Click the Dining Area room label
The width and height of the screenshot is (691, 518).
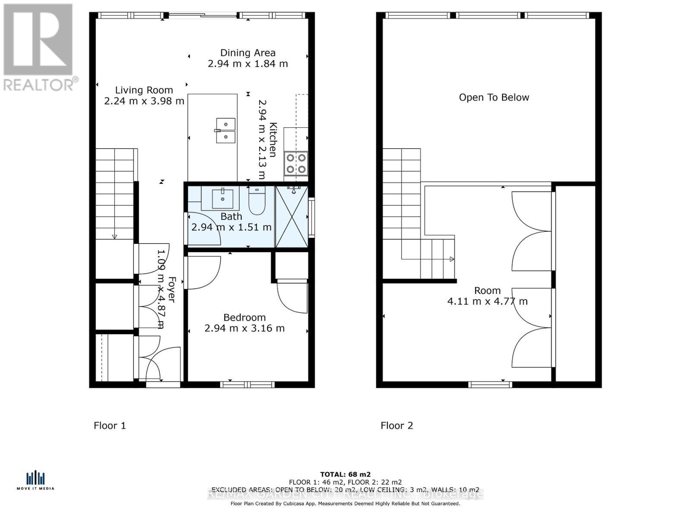point(247,53)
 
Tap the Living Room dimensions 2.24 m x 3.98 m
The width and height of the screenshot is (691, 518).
point(144,101)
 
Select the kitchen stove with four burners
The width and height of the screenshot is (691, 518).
point(296,164)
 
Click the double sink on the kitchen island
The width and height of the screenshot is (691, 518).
point(225,130)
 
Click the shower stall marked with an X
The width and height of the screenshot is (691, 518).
point(292,217)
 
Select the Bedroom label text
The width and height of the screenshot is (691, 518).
point(244,317)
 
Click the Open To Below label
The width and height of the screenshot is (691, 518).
point(494,98)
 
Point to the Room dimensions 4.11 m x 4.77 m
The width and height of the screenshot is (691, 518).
point(487,301)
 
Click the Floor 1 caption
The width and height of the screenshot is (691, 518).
point(110,426)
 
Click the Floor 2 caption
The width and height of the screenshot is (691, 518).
point(396,426)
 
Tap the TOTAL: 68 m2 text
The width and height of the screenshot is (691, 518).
point(345,474)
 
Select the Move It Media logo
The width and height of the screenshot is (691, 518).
point(35,480)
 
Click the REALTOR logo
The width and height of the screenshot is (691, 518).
point(39,47)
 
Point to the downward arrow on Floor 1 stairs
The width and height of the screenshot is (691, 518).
point(114,236)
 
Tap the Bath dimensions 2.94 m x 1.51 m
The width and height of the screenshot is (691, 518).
point(231,227)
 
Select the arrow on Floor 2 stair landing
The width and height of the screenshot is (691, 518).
point(451,259)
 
